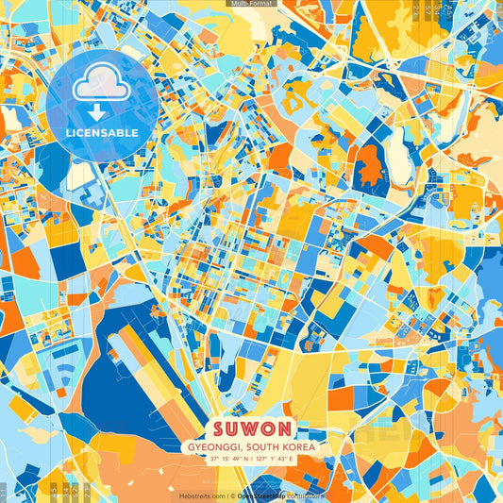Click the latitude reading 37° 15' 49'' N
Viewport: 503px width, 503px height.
[x=224, y=459]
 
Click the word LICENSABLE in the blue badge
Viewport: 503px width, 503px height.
[x=102, y=132]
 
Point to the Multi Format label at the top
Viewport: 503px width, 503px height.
[x=251, y=4]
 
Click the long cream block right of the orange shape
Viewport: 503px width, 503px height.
[x=400, y=160]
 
